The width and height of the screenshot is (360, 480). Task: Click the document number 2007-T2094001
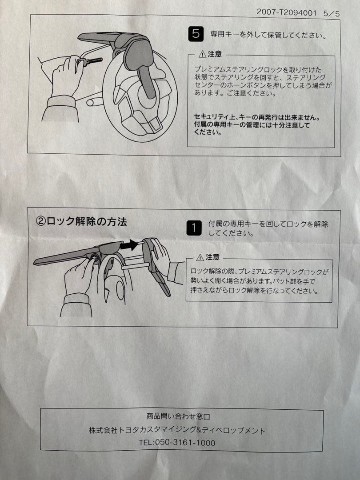287,12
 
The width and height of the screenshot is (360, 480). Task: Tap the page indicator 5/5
332,13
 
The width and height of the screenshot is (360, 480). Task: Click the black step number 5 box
196,34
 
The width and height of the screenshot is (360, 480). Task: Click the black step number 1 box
194,228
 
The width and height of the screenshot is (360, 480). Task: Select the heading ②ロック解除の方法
81,221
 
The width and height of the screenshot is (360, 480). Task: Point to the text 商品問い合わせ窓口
178,417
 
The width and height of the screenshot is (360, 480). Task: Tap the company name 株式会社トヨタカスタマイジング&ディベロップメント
177,430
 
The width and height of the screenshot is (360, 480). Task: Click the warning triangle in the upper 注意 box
203,54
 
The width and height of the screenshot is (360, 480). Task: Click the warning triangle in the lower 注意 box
200,257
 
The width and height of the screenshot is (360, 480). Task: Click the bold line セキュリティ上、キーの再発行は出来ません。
257,118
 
